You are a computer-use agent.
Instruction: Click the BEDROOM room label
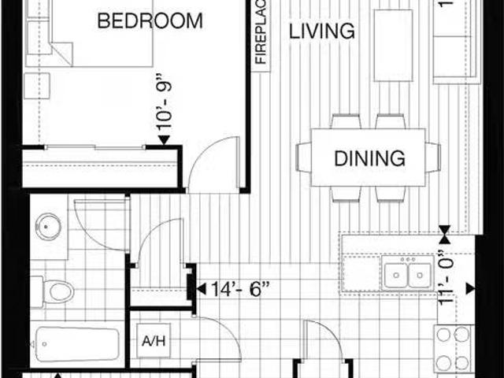pos(150,20)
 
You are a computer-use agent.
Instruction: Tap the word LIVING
pos(321,31)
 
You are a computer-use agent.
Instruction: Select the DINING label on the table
pos(369,157)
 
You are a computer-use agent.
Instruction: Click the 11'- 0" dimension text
pos(447,276)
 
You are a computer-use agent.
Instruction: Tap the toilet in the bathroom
pos(56,291)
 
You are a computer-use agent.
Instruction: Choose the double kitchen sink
pos(407,275)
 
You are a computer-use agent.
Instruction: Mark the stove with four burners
pos(453,348)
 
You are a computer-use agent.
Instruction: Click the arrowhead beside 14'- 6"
pos(200,288)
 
